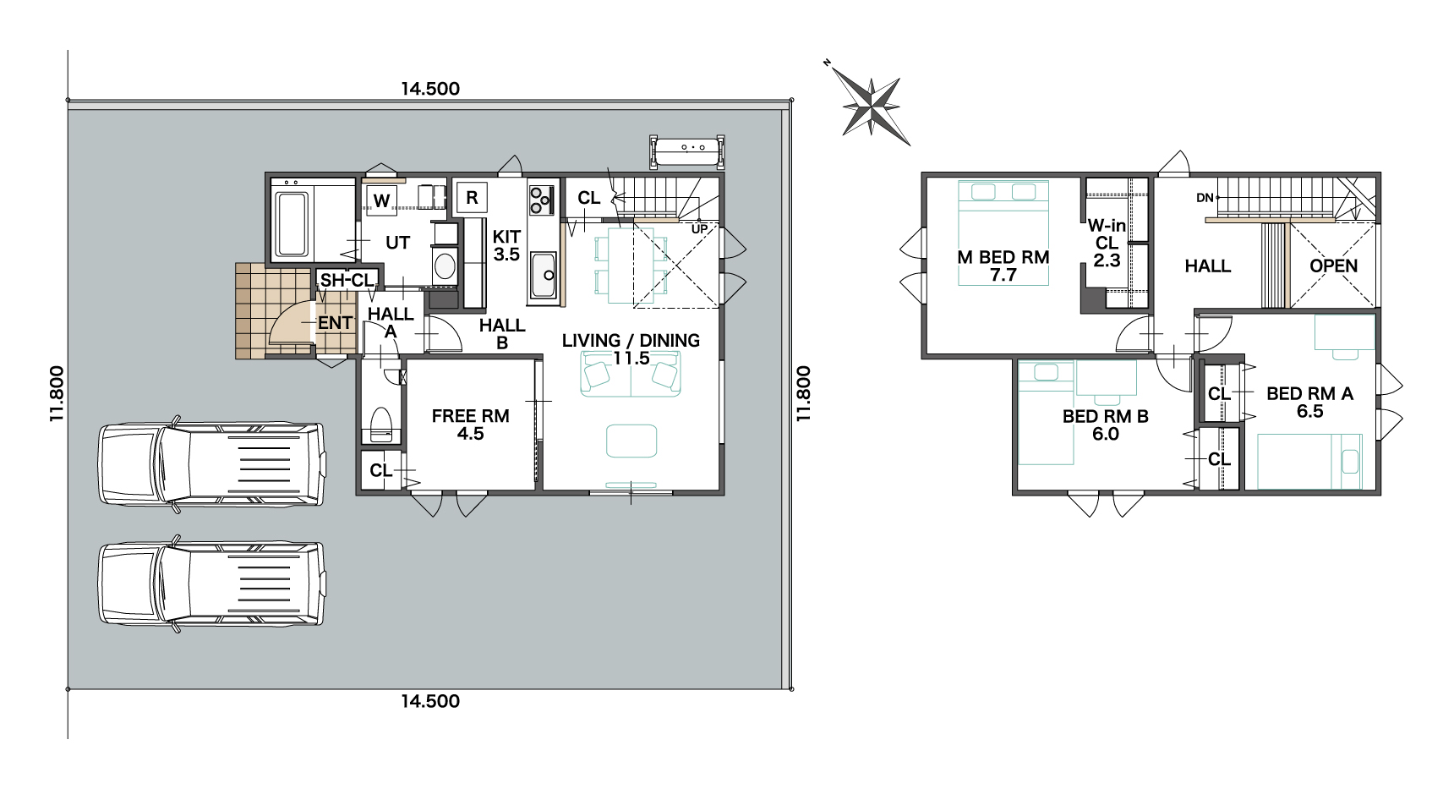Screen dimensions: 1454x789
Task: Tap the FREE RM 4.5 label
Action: pos(470,425)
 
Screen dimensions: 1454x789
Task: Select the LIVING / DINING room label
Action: pos(631,349)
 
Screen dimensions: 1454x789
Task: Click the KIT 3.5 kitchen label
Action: pos(506,245)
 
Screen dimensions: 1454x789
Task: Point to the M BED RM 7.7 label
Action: pos(1003,266)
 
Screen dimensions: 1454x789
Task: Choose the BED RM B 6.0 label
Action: pos(1105,425)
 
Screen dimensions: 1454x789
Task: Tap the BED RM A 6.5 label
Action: pos(1309,403)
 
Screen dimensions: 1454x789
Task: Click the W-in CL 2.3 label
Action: pos(1107,243)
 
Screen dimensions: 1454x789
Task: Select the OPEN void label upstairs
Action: pos(1333,266)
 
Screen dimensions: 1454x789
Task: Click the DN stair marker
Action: pos(1205,198)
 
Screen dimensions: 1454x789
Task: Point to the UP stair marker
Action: pos(700,229)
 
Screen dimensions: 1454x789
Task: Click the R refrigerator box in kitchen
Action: pos(472,198)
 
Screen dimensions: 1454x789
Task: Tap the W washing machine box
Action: pos(382,200)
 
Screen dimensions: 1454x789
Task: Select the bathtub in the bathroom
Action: pos(292,223)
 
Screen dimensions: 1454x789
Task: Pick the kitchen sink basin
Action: pos(543,277)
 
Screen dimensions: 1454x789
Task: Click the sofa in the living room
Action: pos(630,375)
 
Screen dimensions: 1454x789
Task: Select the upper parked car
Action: pos(211,463)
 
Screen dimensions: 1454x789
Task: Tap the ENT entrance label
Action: pos(335,323)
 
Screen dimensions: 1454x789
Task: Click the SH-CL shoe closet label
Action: pos(347,280)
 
